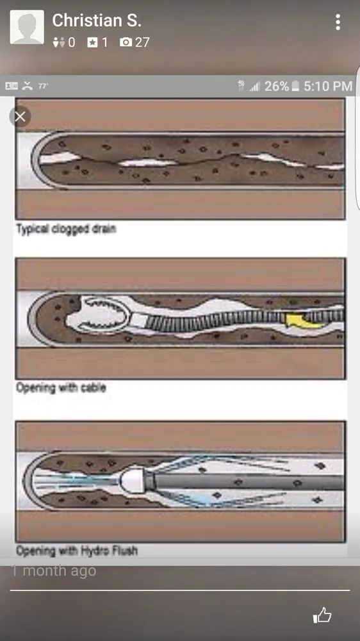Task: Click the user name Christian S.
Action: (x=96, y=21)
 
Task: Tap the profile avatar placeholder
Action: (x=27, y=27)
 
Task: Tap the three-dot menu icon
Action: (x=338, y=22)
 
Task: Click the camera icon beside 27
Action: (x=126, y=42)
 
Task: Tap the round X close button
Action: (x=20, y=116)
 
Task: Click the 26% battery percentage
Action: (x=276, y=86)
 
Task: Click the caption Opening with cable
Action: (x=61, y=388)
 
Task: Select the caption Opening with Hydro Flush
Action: (x=76, y=550)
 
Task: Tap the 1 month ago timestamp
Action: (x=54, y=570)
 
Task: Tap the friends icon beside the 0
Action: (x=59, y=42)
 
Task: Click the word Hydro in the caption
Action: (x=100, y=550)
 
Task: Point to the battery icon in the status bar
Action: (x=295, y=86)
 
